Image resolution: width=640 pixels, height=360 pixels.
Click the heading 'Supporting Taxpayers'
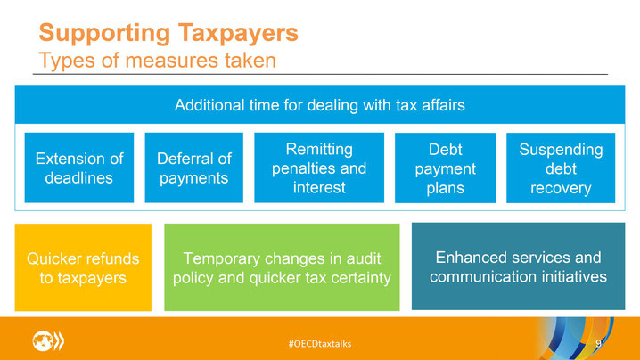(168, 34)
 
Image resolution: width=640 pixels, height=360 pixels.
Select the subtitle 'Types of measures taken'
(157, 61)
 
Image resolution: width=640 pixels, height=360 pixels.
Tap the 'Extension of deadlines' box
(79, 168)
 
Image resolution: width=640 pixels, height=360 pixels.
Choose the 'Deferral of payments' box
(194, 168)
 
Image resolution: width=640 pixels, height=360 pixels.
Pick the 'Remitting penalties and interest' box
(319, 168)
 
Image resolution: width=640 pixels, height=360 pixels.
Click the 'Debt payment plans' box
(446, 168)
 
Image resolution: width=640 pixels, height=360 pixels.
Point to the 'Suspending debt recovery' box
(561, 168)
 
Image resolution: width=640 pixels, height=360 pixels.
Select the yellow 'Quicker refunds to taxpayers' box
(83, 267)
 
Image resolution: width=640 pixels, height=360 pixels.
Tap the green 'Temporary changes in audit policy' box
(282, 267)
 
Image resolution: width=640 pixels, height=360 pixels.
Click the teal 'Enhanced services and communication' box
(519, 266)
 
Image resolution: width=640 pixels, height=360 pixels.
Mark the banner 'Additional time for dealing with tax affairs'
(320, 104)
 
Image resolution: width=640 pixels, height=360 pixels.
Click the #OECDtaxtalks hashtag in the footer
(320, 344)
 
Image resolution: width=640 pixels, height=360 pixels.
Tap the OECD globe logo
(48, 340)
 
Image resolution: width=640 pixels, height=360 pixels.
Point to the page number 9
(598, 343)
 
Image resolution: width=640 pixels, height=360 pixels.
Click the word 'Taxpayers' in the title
(238, 34)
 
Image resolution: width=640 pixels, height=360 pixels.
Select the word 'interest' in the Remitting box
(319, 187)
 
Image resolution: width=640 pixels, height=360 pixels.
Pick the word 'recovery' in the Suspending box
(561, 188)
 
